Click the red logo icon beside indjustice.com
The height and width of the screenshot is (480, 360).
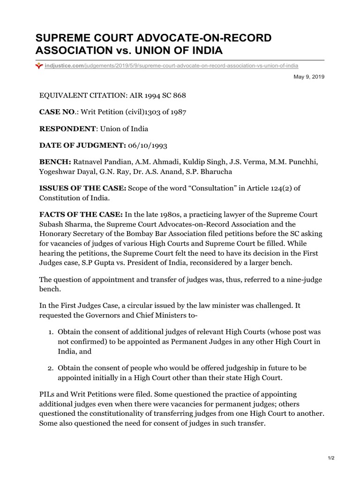click(39, 66)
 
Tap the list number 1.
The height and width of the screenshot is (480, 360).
click(51, 331)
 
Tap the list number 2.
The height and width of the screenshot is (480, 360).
click(51, 368)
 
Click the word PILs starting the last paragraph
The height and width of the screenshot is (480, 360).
click(47, 394)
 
